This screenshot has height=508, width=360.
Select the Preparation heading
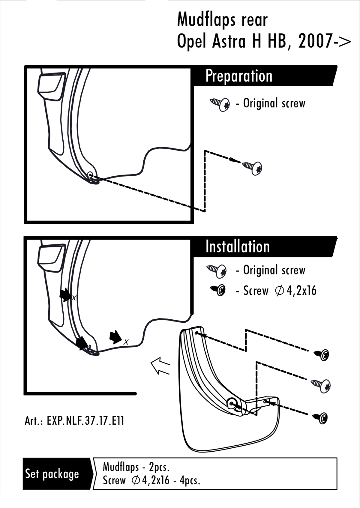point(239,76)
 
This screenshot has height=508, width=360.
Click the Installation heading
point(238,247)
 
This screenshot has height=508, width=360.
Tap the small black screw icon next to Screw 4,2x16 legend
point(219,290)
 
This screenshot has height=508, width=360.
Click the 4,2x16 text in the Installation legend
point(301,291)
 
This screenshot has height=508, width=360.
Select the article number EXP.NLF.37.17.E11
point(85,421)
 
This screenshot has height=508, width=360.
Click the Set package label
point(52,474)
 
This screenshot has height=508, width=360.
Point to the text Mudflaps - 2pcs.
point(136,467)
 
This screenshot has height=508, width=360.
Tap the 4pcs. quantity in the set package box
point(190,480)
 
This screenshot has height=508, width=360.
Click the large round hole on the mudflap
point(232,404)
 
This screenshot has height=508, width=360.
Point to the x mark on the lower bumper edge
point(126,342)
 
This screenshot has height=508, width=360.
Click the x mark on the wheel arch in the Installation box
point(73,298)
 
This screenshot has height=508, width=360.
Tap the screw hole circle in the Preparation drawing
point(90,175)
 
